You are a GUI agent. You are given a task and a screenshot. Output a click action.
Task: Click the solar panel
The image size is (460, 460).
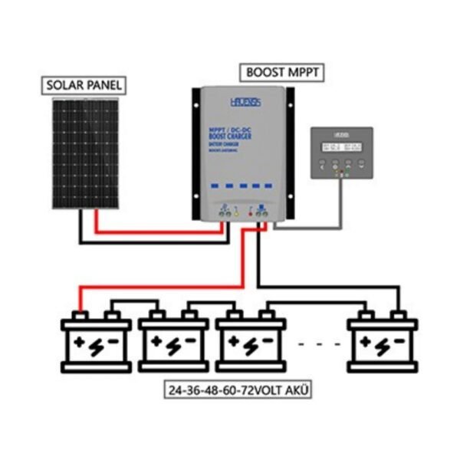[x=85, y=153]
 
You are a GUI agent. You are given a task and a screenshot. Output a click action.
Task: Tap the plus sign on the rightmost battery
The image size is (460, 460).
[x=366, y=343]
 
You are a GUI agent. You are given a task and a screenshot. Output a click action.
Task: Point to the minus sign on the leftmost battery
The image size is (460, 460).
[x=113, y=343]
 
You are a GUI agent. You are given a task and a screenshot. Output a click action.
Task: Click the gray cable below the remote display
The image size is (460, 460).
[x=337, y=207]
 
